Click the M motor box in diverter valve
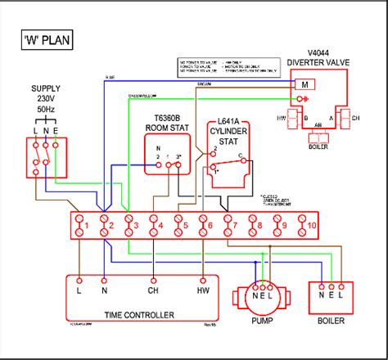305,84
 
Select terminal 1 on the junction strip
79,224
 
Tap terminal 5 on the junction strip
180,224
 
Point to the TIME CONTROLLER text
140,314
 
